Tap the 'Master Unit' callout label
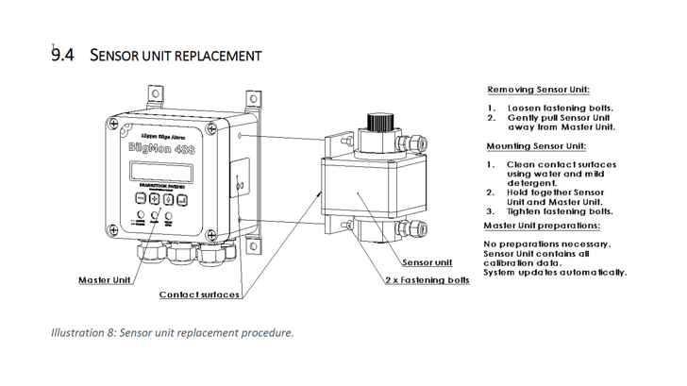(103, 281)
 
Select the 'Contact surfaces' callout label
(199, 294)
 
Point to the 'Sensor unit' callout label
(427, 261)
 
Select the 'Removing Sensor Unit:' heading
(538, 90)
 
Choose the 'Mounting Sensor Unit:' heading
(537, 146)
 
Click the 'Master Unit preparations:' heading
(542, 226)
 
